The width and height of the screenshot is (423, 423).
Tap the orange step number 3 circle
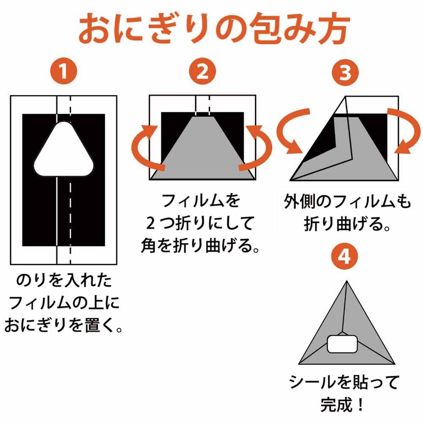pyautogui.click(x=345, y=72)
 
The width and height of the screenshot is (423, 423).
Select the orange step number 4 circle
pyautogui.click(x=345, y=257)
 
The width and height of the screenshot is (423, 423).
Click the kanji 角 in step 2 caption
pyautogui.click(x=150, y=246)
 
